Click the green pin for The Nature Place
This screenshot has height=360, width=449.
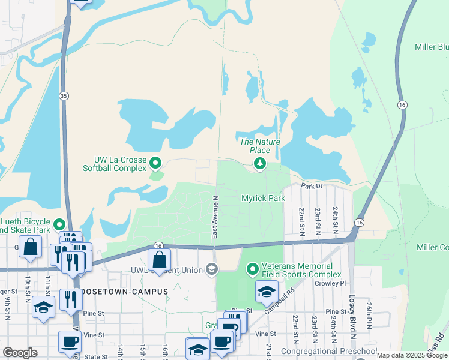[260, 164]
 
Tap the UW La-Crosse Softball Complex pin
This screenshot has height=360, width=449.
[155, 163]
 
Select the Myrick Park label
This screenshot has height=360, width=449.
[262, 197]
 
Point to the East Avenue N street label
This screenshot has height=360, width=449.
[214, 217]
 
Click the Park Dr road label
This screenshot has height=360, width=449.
[312, 186]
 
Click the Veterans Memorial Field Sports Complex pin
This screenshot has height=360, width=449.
[253, 269]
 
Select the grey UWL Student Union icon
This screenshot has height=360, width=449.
[211, 269]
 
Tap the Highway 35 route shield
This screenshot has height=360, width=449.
[63, 96]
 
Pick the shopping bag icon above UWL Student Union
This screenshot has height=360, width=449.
[159, 259]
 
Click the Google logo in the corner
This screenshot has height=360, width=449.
[20, 353]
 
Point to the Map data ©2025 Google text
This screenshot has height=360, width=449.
[411, 355]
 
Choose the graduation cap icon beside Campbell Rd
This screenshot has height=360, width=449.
[267, 292]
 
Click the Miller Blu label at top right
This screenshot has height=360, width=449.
[431, 47]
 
